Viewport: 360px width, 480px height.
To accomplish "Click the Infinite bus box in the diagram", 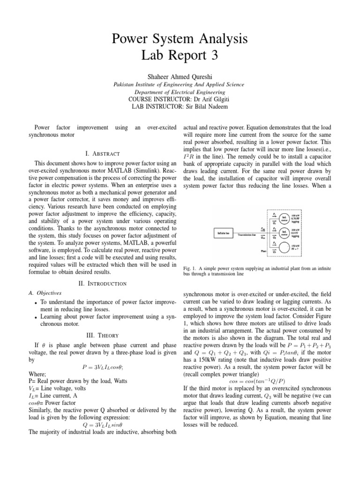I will point(224,233).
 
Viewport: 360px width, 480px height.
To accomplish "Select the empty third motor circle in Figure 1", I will point(284,247).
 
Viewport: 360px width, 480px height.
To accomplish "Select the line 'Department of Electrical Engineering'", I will point(180,92).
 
